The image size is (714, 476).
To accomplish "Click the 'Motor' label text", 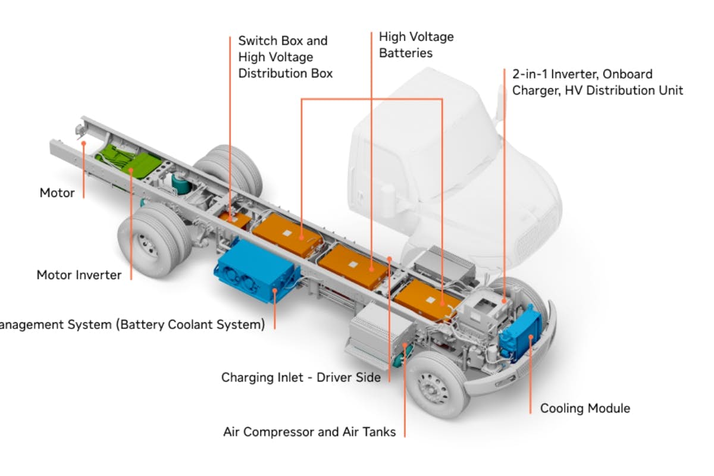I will point(57,193).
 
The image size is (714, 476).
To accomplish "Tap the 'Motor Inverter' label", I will point(79,275).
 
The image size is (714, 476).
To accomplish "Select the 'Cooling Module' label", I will point(584,408).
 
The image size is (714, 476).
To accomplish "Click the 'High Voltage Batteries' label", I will point(416,45).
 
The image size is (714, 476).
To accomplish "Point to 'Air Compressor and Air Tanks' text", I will point(309,432).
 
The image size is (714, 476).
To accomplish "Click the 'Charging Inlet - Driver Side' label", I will point(300,377).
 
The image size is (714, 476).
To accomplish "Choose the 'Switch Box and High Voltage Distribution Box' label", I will point(285,57).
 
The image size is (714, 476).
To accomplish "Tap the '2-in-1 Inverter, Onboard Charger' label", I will point(597,82).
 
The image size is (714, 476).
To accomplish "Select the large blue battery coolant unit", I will point(257,272).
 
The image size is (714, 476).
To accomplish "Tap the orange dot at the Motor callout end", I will point(84,143).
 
